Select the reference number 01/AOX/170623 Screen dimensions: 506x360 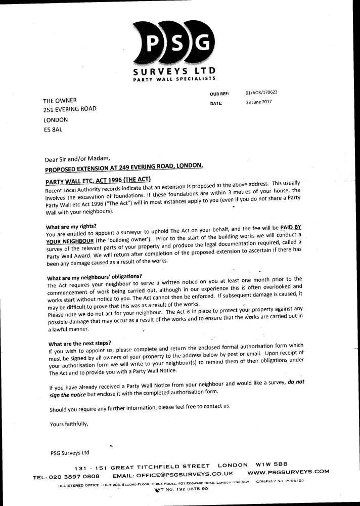click(x=261, y=93)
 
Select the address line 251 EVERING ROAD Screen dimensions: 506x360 click(x=69, y=109)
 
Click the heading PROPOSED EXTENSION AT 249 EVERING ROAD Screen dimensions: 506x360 click(x=124, y=168)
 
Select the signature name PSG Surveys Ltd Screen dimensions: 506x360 click(x=70, y=453)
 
